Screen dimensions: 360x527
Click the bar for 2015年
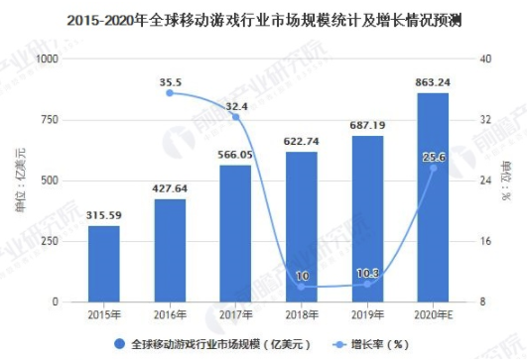coord(103,264)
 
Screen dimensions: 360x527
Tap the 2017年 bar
coord(235,233)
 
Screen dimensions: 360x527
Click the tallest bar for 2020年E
coord(433,197)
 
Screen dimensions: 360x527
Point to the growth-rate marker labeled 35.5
coord(170,93)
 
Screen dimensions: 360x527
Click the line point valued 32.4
coord(235,117)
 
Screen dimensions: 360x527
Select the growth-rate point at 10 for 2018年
coord(301,287)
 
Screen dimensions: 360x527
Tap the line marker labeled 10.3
coord(367,285)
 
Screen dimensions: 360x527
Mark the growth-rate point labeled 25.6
coord(433,168)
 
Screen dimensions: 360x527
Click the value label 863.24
coord(433,83)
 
